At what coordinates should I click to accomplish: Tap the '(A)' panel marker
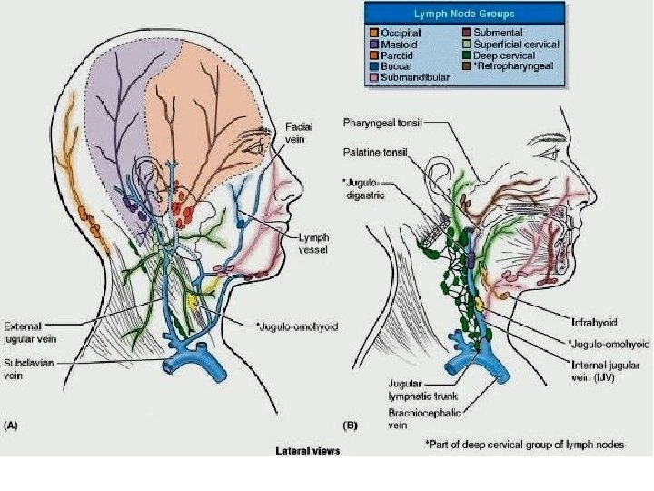pos(13,425)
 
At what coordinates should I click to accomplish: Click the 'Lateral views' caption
pos(307,450)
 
